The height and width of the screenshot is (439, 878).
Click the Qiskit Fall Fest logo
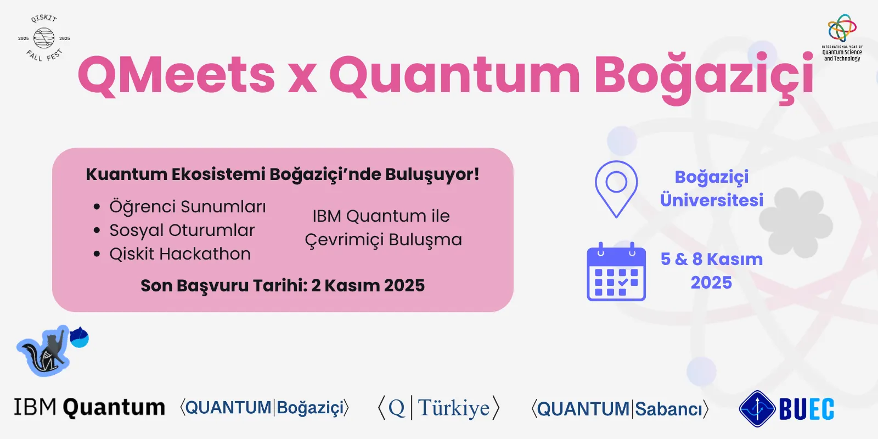(44, 38)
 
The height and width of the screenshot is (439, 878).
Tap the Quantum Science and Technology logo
(842, 38)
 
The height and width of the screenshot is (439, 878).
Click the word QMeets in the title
(176, 75)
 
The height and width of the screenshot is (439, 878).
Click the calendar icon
(616, 272)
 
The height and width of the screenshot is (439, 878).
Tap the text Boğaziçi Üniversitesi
(711, 189)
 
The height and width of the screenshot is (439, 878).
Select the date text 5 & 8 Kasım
(711, 259)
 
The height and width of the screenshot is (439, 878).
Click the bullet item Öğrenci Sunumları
(187, 206)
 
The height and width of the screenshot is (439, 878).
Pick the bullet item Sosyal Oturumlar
(182, 230)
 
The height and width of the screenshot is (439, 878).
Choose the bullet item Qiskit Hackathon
(180, 254)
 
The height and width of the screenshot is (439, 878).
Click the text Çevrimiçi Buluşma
(384, 240)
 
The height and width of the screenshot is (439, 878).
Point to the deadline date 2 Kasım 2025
(368, 285)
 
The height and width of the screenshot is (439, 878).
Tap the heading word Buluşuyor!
(432, 175)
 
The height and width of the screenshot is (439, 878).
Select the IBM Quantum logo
(89, 407)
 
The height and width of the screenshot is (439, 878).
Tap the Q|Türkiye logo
(438, 408)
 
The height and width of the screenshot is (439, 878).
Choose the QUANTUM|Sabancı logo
(620, 409)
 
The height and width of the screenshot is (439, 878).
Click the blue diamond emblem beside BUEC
(757, 409)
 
